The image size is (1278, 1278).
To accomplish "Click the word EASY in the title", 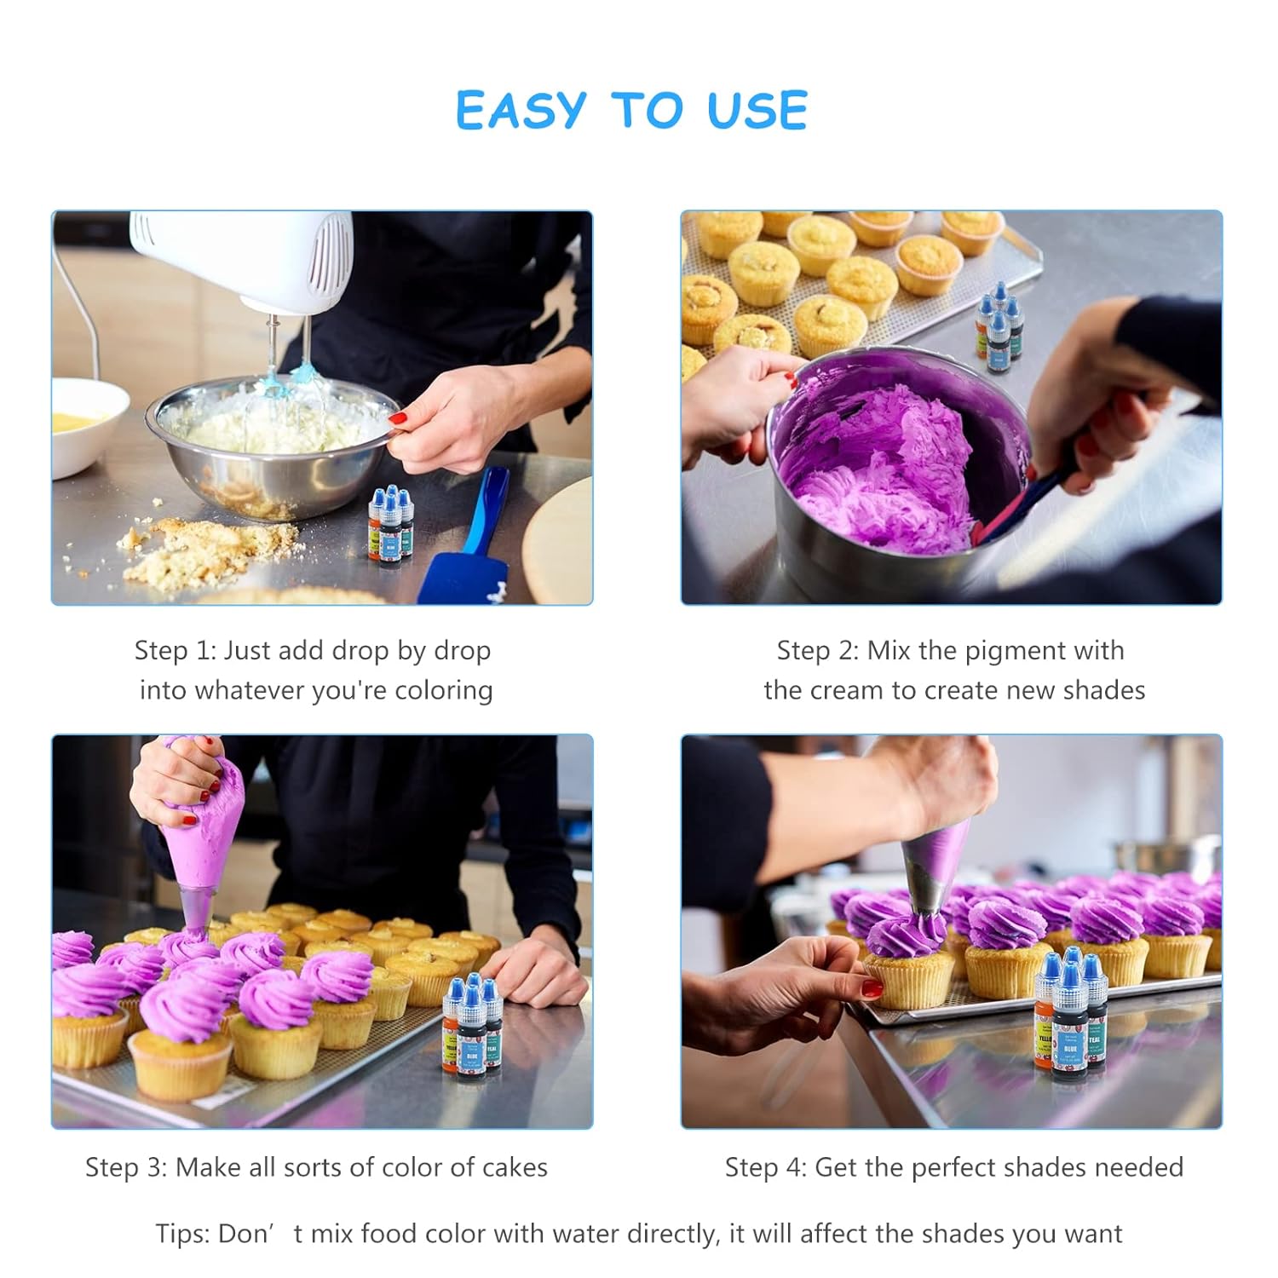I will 521,111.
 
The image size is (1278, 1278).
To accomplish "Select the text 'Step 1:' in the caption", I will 176,651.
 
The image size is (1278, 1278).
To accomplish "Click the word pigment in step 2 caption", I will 997,651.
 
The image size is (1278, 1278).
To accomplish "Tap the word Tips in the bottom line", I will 181,1234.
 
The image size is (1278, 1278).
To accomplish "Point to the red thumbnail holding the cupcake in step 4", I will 872,988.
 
